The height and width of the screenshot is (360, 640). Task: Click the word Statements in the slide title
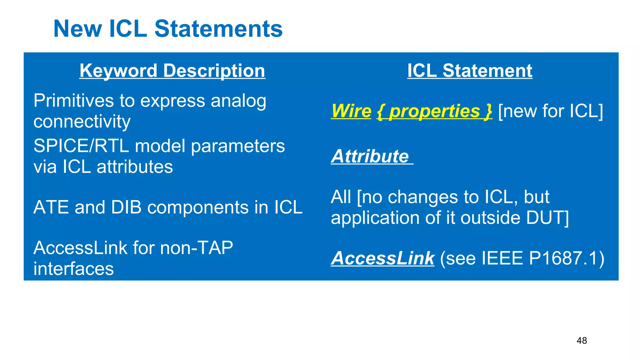[x=218, y=29]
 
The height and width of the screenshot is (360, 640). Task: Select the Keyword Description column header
[x=172, y=71]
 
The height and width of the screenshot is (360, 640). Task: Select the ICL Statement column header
[x=470, y=71]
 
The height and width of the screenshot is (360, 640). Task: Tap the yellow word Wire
[x=351, y=111]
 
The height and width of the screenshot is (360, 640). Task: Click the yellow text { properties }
[x=434, y=111]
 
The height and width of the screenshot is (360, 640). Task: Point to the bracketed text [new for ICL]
[x=550, y=111]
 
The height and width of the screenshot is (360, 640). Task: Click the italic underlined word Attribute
[x=370, y=156]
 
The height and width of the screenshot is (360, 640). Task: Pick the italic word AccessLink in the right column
[x=382, y=258]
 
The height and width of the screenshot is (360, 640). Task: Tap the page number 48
[x=582, y=341]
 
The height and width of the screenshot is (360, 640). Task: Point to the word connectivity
[x=82, y=122]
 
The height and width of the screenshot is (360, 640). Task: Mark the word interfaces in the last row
[x=73, y=269]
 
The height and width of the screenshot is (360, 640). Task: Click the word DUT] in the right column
[x=547, y=217]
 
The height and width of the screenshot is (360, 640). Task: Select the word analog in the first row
[x=238, y=101]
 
